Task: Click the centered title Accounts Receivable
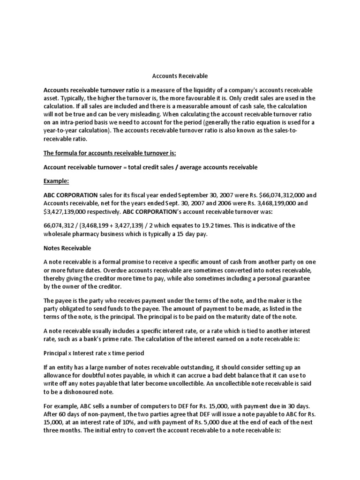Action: (x=180, y=75)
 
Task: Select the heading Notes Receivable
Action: (x=67, y=247)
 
